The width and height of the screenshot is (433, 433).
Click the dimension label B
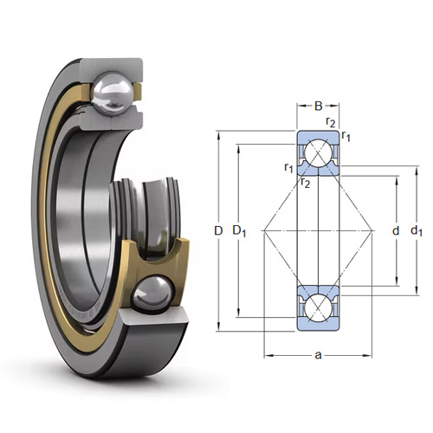(318, 107)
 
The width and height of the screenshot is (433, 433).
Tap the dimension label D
(218, 231)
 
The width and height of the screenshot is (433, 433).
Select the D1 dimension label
(239, 231)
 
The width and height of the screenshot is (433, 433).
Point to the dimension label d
(396, 231)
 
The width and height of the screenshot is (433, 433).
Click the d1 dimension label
(417, 231)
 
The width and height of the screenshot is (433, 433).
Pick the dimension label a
(318, 355)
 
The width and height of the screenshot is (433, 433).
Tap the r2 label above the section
(331, 122)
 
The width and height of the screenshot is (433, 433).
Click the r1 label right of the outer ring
(346, 136)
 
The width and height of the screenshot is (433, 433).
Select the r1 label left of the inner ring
(288, 167)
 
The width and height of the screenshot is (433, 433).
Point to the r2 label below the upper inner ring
(305, 183)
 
